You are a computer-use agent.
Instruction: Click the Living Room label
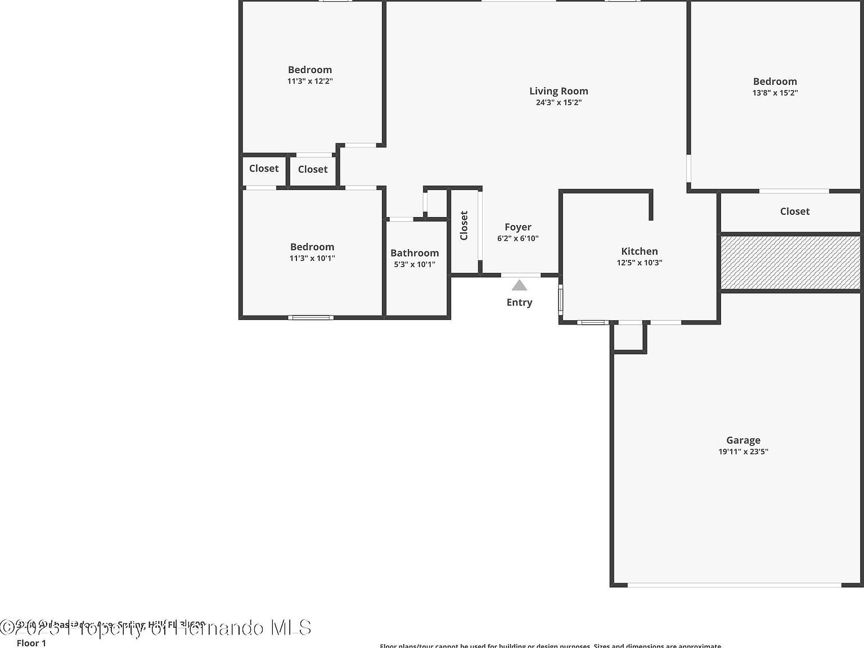(x=558, y=91)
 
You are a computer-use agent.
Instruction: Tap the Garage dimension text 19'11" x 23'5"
(x=743, y=452)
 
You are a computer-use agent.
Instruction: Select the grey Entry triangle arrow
(x=519, y=285)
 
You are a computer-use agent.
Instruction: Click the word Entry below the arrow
(x=519, y=303)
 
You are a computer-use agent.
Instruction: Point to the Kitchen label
(x=639, y=251)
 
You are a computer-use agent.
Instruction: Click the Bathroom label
(x=415, y=253)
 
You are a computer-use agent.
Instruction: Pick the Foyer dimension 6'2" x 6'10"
(x=517, y=238)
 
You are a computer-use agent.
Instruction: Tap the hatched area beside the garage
(x=790, y=262)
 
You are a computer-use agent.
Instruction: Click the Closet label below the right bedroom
(x=794, y=211)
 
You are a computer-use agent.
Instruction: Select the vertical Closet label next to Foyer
(x=464, y=226)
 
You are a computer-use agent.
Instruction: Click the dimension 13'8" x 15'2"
(x=775, y=93)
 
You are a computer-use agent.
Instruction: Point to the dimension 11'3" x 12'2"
(x=310, y=81)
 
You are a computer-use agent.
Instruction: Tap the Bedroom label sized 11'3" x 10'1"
(x=312, y=247)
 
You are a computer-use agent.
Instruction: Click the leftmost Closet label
(x=264, y=169)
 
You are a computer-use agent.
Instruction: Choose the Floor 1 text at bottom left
(x=31, y=643)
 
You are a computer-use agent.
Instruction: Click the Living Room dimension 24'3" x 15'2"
(x=558, y=102)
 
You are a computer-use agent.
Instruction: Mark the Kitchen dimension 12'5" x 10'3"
(x=639, y=263)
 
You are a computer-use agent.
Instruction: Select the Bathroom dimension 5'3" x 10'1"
(x=415, y=264)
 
